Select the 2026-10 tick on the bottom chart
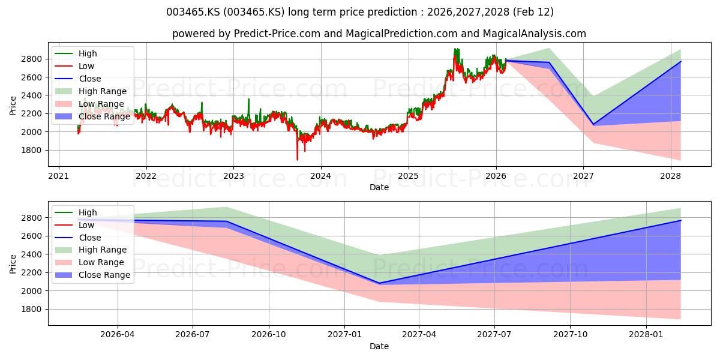click(x=268, y=335)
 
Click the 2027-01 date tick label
click(x=344, y=335)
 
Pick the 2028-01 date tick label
click(x=647, y=335)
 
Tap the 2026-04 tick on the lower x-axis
click(x=117, y=335)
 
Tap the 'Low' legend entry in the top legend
click(x=86, y=66)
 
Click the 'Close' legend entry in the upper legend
click(x=89, y=79)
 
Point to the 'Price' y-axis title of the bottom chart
click(x=13, y=264)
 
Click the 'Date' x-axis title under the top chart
click(x=379, y=187)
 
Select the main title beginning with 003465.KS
click(x=359, y=12)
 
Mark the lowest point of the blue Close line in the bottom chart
click(x=378, y=283)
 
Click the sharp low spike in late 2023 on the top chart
click(x=297, y=160)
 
